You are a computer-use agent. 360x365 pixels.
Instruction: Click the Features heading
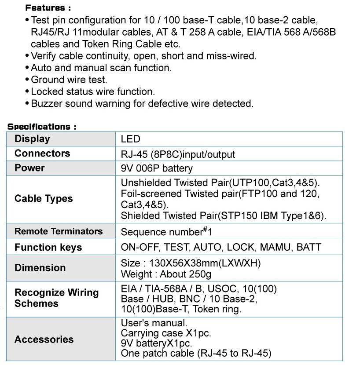tap(48, 8)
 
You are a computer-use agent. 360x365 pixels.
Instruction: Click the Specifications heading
tap(42, 127)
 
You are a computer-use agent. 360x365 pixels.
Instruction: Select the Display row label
tap(32, 139)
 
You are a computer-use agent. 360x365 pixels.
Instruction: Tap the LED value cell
tap(130, 139)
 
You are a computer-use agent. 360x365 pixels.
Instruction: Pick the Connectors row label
tap(42, 153)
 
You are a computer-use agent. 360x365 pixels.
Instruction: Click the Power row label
tap(29, 168)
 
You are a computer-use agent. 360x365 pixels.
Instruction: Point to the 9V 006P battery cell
tap(157, 168)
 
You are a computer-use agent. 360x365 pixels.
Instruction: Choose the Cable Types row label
tap(44, 199)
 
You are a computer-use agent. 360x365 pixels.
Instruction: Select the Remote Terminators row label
tap(59, 231)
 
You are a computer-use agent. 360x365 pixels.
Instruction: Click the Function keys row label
tap(48, 247)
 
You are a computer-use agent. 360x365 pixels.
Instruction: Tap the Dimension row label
tap(40, 268)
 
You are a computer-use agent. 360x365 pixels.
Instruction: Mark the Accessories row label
tap(44, 339)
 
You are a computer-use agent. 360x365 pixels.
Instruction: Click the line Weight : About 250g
tap(166, 274)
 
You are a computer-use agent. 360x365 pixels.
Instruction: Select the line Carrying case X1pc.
tap(166, 333)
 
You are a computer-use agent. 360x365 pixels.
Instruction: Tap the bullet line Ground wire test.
tap(69, 80)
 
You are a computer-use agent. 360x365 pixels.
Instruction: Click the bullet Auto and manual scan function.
tap(101, 68)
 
